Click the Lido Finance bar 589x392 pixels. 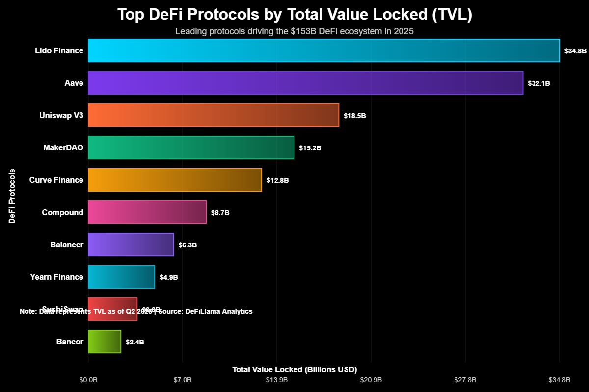pos(323,50)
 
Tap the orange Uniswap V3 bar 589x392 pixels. pos(213,115)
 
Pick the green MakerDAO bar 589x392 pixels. pos(191,147)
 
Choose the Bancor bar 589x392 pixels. pos(104,342)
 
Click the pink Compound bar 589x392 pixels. pos(147,212)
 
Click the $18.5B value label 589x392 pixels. pos(355,116)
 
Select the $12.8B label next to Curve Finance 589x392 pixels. pos(277,180)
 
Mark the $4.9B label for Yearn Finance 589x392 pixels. pos(169,277)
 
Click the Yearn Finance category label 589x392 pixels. pos(56,277)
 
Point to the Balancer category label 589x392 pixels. pos(66,245)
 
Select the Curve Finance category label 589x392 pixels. pos(56,180)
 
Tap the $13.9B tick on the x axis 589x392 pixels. pos(277,380)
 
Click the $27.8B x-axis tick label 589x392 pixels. pos(465,380)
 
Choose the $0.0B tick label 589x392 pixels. pos(88,380)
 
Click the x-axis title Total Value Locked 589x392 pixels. pos(294,369)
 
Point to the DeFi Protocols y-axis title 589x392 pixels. pos(12,196)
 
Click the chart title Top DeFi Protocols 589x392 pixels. pos(294,15)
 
